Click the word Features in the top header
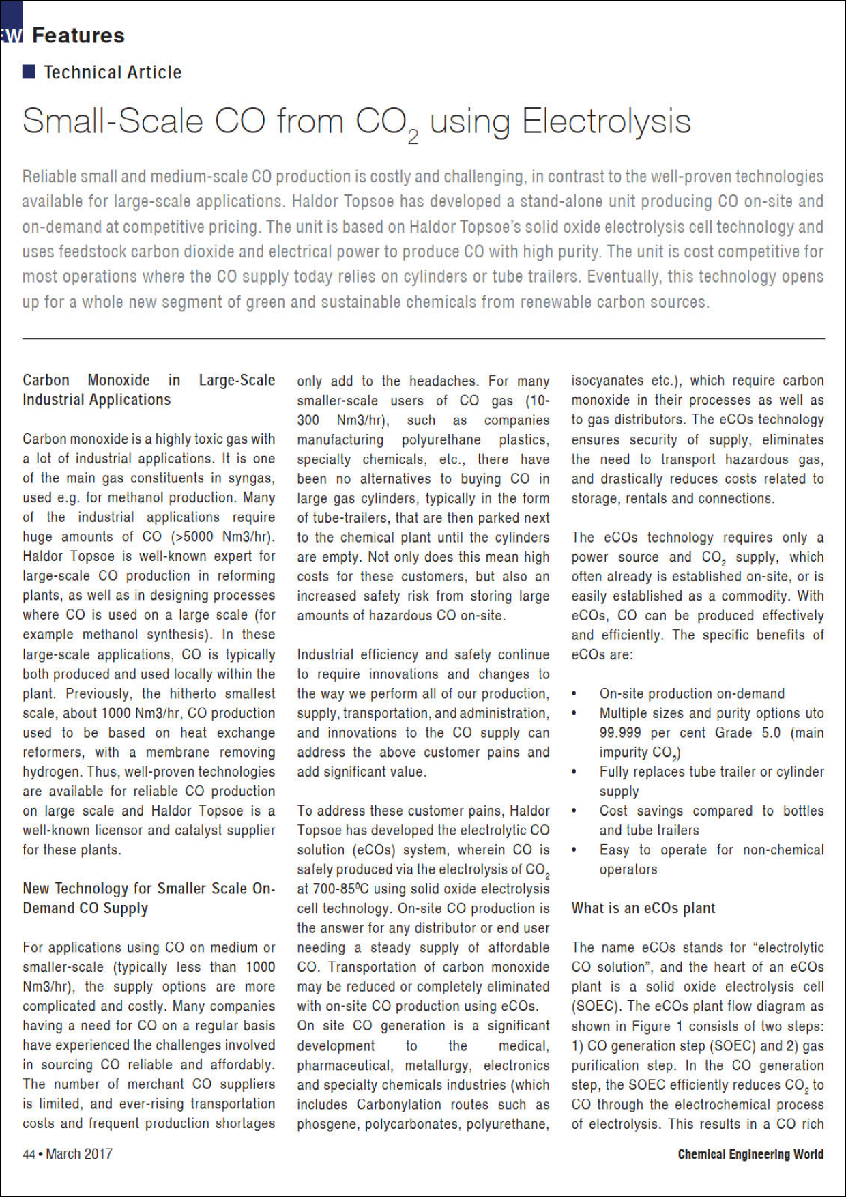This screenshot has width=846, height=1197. [x=78, y=35]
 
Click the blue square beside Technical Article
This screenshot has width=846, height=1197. [x=29, y=72]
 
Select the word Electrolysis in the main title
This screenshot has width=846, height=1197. [x=606, y=122]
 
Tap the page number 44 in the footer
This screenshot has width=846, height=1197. [x=29, y=1154]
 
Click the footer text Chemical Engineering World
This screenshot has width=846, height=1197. [x=750, y=1154]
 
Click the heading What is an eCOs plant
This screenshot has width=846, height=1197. [x=643, y=908]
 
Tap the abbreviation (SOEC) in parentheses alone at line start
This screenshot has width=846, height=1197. [x=595, y=1007]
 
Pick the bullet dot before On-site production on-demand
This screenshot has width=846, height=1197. [x=574, y=694]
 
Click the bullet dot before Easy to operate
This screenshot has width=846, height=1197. [x=574, y=850]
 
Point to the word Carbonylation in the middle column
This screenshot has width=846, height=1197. [x=399, y=1104]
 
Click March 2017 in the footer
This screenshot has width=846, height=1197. [x=79, y=1154]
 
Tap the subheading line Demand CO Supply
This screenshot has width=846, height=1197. [x=85, y=908]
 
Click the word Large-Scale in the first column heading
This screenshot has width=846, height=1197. [x=237, y=380]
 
